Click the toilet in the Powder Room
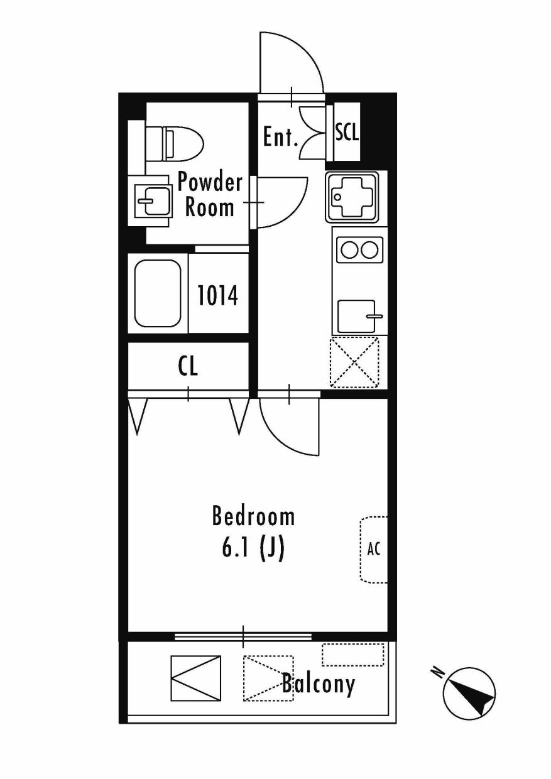tap(174, 144)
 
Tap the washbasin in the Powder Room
tap(153, 201)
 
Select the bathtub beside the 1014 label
tap(158, 293)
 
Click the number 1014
tap(218, 295)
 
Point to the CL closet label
tap(188, 366)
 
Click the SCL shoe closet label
tap(347, 132)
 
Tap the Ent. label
tap(281, 137)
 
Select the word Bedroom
tap(253, 516)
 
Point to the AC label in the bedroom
tap(374, 549)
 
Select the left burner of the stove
tap(349, 249)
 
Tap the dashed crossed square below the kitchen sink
tap(354, 362)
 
